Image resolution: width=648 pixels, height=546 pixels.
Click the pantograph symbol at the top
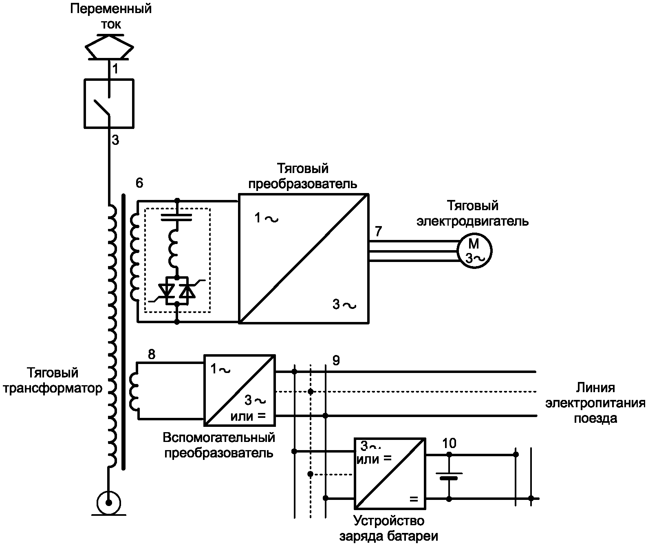109,47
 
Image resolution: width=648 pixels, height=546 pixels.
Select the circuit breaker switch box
109,104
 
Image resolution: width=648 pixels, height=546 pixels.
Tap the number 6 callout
139,183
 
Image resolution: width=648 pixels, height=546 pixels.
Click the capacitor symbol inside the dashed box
176,217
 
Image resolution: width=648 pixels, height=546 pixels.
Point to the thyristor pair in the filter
176,291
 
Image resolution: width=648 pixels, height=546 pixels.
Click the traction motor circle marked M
474,251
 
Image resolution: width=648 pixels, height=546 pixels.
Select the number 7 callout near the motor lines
378,231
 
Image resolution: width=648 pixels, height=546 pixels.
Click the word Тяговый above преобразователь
302,169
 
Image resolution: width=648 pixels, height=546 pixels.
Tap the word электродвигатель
472,221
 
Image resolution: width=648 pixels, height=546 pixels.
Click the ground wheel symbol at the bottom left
109,503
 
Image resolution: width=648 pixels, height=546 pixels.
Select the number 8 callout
152,354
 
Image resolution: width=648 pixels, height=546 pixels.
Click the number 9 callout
336,360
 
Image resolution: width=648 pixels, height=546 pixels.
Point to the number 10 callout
449,443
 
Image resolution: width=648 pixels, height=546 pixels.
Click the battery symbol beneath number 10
449,476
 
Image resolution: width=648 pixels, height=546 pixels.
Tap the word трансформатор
53,388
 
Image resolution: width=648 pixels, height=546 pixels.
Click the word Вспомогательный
219,437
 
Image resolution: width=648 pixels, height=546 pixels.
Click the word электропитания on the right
595,403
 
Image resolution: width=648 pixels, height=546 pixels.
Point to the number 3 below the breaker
115,140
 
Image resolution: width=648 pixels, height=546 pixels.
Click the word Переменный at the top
111,9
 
